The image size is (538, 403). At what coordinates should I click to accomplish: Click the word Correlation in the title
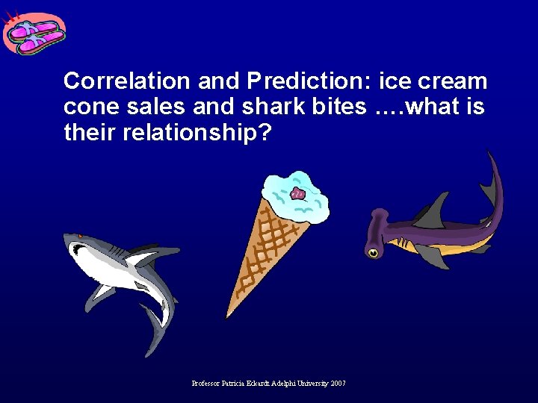[113, 81]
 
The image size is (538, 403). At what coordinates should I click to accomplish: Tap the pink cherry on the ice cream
[299, 194]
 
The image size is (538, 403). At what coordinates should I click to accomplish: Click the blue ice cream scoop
[296, 196]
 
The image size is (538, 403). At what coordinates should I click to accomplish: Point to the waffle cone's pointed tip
[229, 314]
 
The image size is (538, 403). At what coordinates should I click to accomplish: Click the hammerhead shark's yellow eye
[372, 253]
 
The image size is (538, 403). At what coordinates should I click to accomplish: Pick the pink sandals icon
[34, 34]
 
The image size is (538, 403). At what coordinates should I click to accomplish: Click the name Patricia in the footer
[239, 383]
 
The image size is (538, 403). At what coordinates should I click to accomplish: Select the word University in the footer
[308, 383]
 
